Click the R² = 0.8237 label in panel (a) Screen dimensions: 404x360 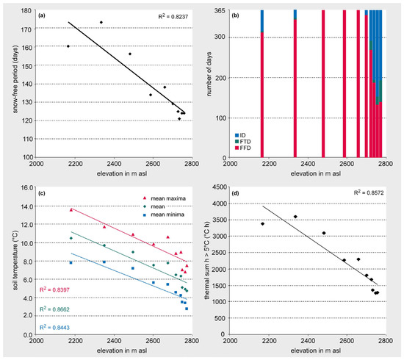173,16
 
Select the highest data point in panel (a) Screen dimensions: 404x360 101,23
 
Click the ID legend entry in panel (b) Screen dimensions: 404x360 240,135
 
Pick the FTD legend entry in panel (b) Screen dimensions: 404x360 242,142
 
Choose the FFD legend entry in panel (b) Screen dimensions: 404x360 242,148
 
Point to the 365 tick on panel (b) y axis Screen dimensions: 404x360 220,10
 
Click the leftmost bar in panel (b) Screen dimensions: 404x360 262,84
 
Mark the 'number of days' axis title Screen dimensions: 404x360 209,74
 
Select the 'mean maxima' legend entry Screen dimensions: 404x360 165,198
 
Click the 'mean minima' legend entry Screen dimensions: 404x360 164,215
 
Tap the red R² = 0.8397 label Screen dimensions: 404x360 54,289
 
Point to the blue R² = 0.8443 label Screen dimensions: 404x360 54,327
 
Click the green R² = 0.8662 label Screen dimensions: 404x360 54,309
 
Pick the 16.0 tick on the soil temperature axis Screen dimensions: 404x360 27,187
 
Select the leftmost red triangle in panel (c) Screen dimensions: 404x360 71,210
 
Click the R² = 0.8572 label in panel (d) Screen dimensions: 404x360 369,192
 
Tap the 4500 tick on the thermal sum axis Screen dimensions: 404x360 219,187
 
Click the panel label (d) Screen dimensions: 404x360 235,193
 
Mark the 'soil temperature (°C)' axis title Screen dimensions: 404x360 15,260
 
